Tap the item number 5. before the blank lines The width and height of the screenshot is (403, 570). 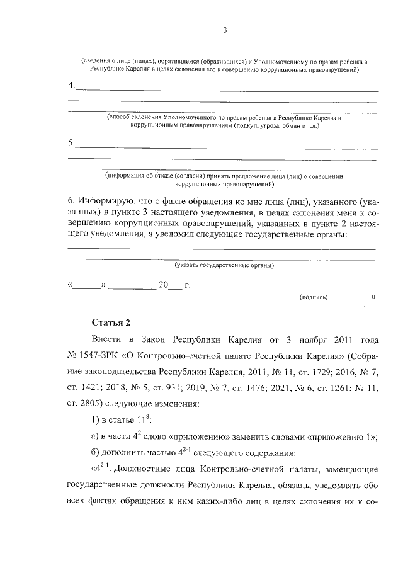pyautogui.click(x=71, y=143)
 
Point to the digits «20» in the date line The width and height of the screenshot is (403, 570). pyautogui.click(x=164, y=285)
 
